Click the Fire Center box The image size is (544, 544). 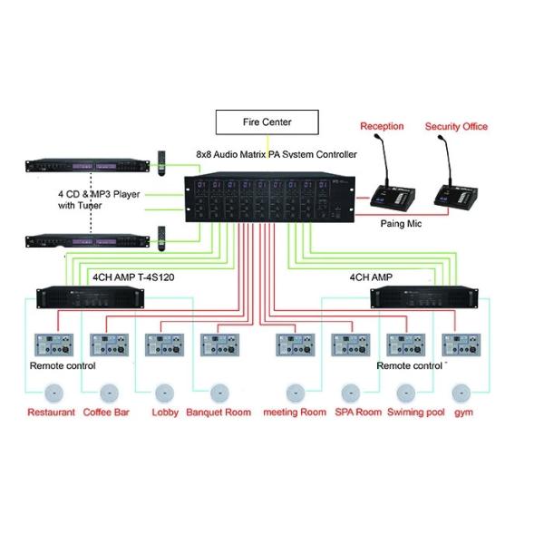coord(267,121)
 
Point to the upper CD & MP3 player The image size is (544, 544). coord(89,168)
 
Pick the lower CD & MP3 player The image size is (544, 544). coord(89,241)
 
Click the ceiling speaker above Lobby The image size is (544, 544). coord(163,394)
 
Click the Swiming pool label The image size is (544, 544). coord(415,413)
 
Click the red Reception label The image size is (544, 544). coord(382,126)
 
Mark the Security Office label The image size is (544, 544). coord(456,126)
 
